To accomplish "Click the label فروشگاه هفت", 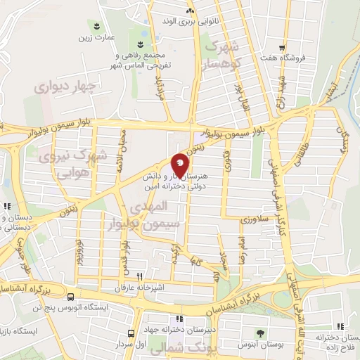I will click(x=290, y=58).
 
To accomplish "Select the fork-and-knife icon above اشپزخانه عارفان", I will click(x=139, y=276).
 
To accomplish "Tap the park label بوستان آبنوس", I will click(x=262, y=345).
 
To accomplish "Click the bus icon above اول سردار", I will click(x=131, y=333).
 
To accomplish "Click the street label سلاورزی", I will click(x=255, y=219).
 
